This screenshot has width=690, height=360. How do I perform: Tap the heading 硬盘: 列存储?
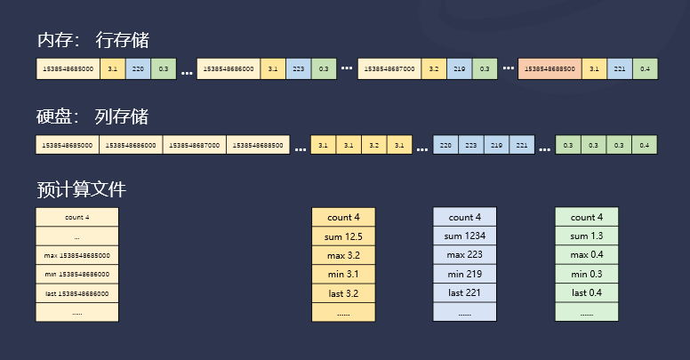click(x=93, y=117)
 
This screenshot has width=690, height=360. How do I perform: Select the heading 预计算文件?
click(x=82, y=189)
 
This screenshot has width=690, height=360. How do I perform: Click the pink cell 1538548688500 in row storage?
click(x=550, y=68)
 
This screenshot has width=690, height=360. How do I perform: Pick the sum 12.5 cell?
click(x=343, y=236)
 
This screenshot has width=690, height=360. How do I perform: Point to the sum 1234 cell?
click(x=465, y=236)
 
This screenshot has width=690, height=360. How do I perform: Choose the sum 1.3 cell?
click(x=586, y=236)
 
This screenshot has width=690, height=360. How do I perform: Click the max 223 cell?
click(x=465, y=255)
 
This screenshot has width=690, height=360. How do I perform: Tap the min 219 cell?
click(x=465, y=274)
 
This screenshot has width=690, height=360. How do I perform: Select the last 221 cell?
click(x=465, y=292)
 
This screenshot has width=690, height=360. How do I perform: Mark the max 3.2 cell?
click(x=343, y=255)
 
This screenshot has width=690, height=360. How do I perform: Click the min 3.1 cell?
click(x=343, y=274)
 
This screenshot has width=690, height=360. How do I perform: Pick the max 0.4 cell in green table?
click(x=586, y=255)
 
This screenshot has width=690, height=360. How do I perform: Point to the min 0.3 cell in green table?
click(x=586, y=274)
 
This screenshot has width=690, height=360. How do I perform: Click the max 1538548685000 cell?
click(x=76, y=255)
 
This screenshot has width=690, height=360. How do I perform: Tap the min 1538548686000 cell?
click(x=76, y=274)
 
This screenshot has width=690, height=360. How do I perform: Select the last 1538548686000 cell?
click(x=76, y=292)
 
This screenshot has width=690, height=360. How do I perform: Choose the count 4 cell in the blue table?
click(x=465, y=218)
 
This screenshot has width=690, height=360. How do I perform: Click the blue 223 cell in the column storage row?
click(x=471, y=145)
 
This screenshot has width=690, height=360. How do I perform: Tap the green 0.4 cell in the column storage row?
click(x=644, y=145)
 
